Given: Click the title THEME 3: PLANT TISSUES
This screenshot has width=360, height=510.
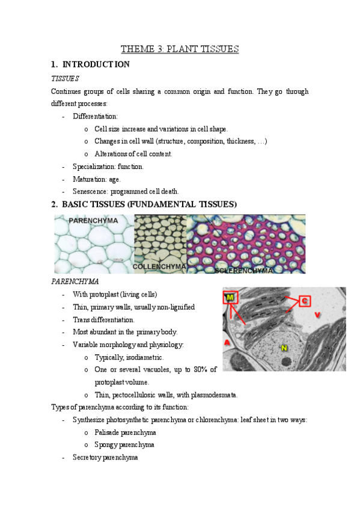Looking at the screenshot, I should pyautogui.click(x=180, y=49).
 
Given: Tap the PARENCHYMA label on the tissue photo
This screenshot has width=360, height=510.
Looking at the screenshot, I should pyautogui.click(x=93, y=221).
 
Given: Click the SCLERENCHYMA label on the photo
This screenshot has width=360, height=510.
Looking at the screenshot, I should pyautogui.click(x=243, y=271).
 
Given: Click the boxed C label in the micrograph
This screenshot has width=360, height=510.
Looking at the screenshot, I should pyautogui.click(x=305, y=300).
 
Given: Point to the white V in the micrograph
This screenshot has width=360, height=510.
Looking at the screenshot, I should pyautogui.click(x=317, y=315).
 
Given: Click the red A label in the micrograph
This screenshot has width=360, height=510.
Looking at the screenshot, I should pyautogui.click(x=228, y=342).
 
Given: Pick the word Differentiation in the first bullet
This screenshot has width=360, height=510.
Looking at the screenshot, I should pyautogui.click(x=95, y=117).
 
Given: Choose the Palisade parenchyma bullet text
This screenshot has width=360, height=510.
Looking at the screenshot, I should pyautogui.click(x=126, y=432).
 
